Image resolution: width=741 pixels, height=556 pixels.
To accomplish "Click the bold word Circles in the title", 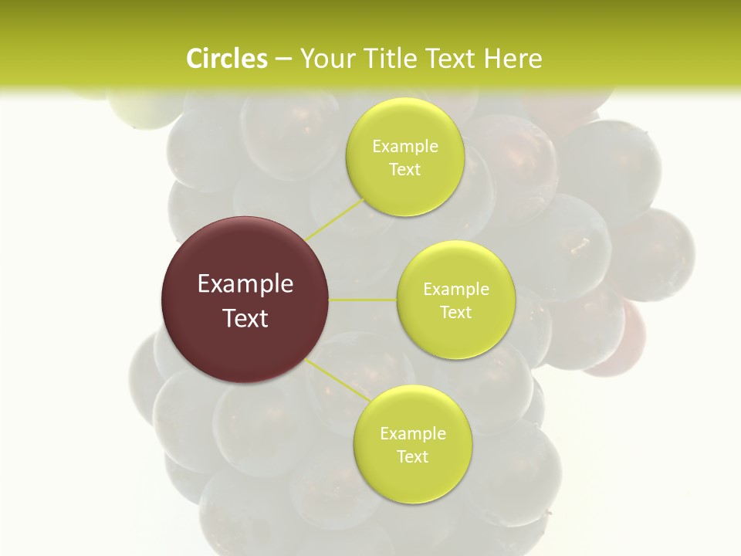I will (x=227, y=59).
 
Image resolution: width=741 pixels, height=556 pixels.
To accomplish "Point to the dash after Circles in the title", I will (x=283, y=59).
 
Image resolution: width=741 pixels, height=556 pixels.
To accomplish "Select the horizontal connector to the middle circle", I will (x=363, y=300).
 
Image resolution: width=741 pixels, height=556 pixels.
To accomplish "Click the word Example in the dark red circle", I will (x=245, y=284).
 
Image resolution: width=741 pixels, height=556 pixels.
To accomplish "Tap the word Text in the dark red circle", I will (x=245, y=318).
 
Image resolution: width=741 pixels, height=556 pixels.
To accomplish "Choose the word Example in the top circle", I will (x=405, y=147).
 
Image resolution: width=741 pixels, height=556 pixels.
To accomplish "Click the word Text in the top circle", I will (x=404, y=170).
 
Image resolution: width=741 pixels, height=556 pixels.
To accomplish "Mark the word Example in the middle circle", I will (x=456, y=290).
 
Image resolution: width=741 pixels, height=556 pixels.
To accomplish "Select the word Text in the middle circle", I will (x=455, y=313).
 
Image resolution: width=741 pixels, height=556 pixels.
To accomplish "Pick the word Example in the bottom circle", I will (x=413, y=434).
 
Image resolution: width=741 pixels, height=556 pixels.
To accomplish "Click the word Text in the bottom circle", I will (x=412, y=457).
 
